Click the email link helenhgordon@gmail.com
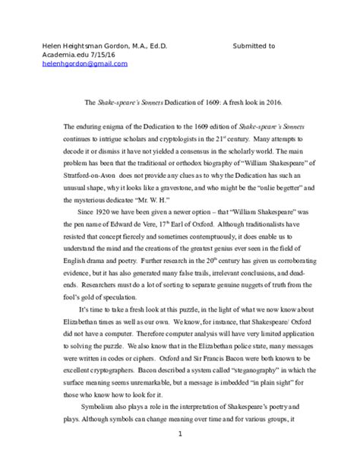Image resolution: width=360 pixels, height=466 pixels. coord(84,64)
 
